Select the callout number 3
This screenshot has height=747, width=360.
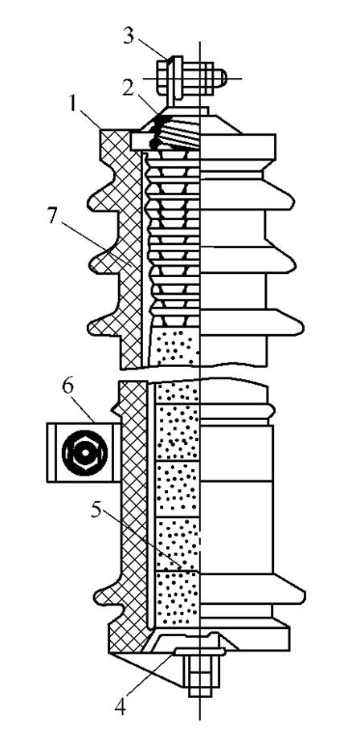127,37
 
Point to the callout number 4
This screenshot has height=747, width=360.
120,706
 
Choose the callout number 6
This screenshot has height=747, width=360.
67,386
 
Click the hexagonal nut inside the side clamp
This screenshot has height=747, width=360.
84,452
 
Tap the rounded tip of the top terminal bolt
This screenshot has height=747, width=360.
226,78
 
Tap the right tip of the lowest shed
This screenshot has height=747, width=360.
305,595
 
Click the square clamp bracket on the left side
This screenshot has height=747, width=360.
83,452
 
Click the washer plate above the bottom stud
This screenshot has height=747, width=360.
199,651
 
